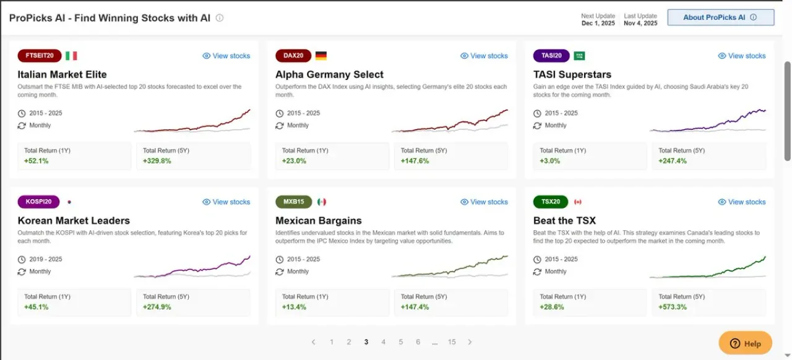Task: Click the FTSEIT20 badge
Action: pos(40,56)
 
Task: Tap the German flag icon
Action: pos(321,56)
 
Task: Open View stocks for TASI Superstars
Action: pos(742,56)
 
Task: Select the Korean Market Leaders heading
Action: pos(74,220)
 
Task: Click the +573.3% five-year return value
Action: pos(673,307)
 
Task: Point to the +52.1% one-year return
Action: pos(36,161)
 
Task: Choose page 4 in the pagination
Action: pos(383,342)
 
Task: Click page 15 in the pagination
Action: pos(452,342)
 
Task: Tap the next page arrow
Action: pos(470,342)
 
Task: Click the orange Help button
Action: pos(746,343)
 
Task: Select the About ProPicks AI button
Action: pos(721,17)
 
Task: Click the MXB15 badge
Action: pos(294,202)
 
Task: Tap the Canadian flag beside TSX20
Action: pos(578,202)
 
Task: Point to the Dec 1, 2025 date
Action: pos(598,23)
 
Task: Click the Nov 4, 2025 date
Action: pos(640,23)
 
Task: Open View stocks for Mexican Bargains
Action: pos(484,202)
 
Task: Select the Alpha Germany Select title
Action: pos(329,74)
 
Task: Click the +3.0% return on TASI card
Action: pos(550,161)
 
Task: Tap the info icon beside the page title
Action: pos(220,18)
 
